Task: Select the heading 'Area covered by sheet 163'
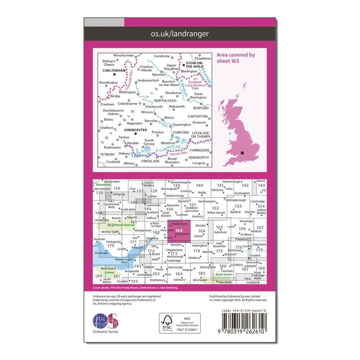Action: click(235, 58)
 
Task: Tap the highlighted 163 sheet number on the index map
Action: click(179, 230)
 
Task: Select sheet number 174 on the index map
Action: click(196, 251)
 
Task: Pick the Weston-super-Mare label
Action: click(121, 261)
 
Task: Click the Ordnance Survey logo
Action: click(105, 322)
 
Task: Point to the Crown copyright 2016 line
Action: click(238, 300)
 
